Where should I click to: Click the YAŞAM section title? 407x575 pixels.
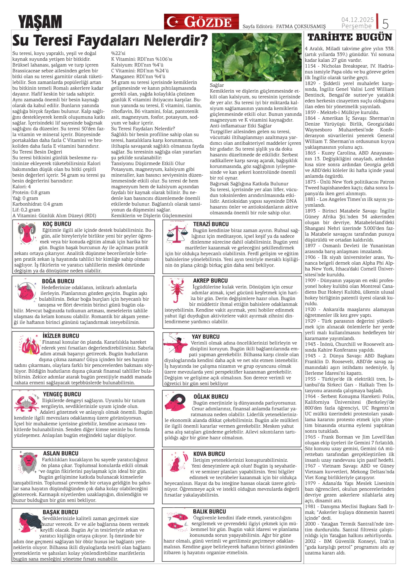click(40, 22)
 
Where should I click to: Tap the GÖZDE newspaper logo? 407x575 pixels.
click(201, 22)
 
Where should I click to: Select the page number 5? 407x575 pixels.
click(385, 24)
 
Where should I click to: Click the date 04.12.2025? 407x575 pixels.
click(357, 19)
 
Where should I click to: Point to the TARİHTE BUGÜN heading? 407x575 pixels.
click(350, 37)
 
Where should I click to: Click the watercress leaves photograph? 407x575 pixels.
click(257, 57)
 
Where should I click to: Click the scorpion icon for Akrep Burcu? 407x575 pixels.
click(177, 290)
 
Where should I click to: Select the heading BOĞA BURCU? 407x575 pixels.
click(58, 281)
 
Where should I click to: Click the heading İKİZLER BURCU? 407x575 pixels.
click(61, 336)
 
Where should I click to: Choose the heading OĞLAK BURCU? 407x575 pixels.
click(211, 396)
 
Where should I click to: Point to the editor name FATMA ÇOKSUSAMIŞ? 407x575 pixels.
click(301, 26)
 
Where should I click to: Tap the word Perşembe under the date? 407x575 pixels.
click(356, 26)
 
